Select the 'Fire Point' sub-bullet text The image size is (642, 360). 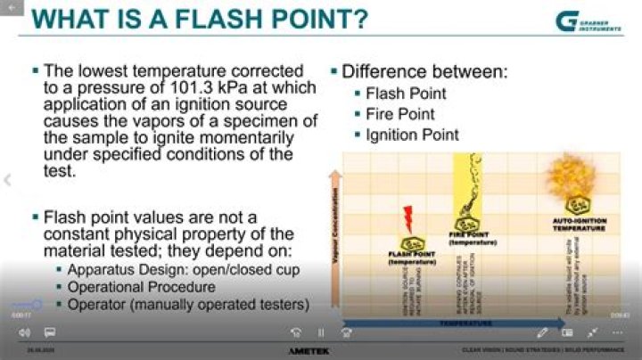pos(400,114)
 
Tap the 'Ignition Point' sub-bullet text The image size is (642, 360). pos(412,135)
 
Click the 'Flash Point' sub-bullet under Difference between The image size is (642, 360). pos(406,94)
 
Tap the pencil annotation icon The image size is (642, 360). pos(542,332)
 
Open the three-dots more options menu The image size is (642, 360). pos(617,332)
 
